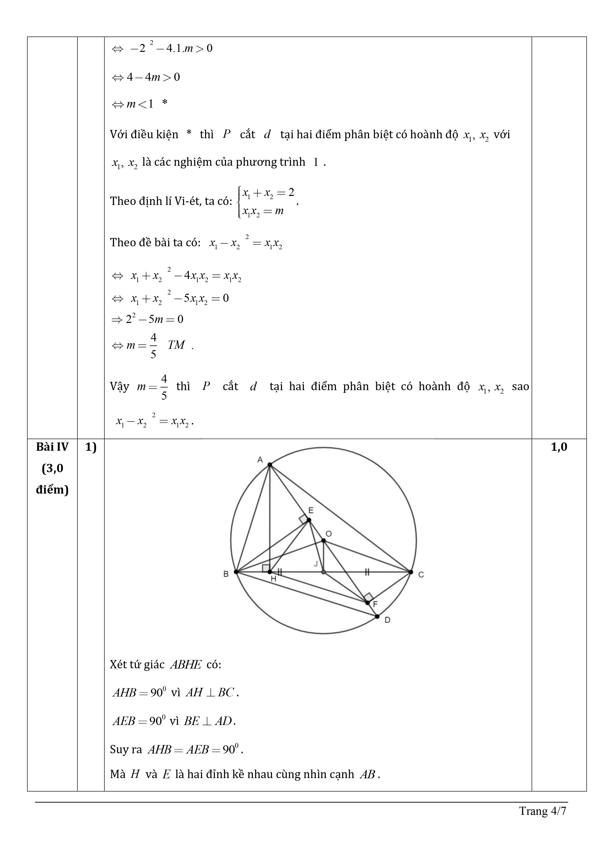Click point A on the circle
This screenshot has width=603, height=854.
coord(270,465)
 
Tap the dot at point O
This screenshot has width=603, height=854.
coord(323,541)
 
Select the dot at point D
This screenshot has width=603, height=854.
coord(377,616)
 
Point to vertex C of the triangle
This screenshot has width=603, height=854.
coord(411,572)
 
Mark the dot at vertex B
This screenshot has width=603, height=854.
coord(236,572)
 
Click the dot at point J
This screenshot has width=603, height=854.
coord(323,572)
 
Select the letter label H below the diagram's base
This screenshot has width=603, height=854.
coord(273,579)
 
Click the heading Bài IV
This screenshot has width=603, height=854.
coord(52,447)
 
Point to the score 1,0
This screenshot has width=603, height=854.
coord(559,447)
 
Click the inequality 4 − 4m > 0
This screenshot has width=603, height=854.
coord(153,77)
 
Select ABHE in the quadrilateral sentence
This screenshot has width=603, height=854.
coord(185,665)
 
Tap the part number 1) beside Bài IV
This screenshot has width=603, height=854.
coord(91,447)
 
